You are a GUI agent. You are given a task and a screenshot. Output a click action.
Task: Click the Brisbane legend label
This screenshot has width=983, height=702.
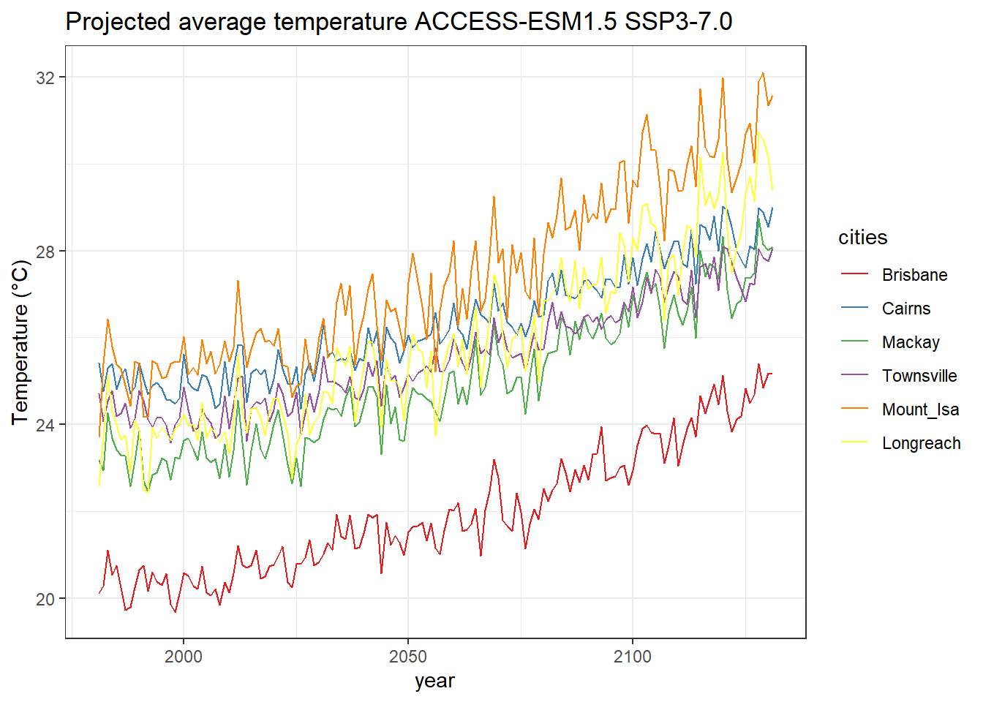914,275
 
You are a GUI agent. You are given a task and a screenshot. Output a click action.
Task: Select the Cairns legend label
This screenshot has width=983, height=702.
906,309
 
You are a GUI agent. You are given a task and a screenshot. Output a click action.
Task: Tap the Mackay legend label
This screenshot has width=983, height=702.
911,342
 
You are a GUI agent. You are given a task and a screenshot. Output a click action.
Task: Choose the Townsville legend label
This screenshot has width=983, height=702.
919,376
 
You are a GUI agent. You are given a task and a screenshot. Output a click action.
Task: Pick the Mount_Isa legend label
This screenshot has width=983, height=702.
920,409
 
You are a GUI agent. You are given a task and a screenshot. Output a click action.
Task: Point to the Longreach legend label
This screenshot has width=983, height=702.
921,443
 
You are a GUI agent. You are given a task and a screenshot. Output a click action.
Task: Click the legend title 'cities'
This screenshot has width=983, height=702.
862,238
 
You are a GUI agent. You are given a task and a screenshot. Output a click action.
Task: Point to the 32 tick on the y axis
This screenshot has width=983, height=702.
45,78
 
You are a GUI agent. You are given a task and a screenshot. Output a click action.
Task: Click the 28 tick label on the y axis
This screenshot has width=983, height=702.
45,252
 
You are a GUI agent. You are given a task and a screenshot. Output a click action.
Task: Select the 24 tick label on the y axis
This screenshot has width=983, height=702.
45,425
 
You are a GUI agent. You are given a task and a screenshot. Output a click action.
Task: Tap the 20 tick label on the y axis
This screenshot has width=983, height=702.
45,599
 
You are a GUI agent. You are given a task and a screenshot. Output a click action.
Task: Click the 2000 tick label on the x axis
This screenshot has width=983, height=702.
183,656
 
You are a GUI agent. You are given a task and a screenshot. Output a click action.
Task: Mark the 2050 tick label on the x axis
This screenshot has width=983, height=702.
407,656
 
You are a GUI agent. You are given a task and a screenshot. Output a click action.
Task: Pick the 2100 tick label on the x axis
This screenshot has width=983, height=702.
632,656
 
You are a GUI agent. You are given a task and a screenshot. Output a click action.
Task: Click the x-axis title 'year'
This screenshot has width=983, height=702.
434,681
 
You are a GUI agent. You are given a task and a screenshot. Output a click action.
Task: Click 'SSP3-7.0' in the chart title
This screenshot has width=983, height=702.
678,22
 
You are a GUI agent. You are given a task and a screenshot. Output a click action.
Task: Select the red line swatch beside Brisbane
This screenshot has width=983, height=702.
854,275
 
